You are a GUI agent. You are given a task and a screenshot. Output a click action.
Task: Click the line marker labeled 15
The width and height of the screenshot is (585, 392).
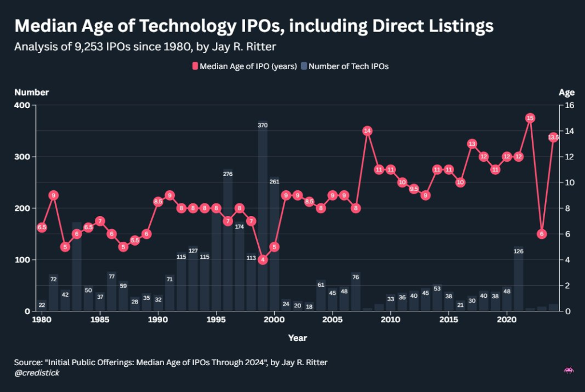(530, 118)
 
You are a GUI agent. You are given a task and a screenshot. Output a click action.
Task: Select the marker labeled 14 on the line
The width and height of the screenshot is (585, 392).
(367, 131)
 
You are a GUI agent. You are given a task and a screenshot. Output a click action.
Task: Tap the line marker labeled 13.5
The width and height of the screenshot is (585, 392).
(553, 138)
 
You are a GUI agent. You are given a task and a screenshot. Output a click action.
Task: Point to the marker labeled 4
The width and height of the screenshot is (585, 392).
(263, 259)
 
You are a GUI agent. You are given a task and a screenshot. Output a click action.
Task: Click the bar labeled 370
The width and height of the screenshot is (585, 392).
(263, 217)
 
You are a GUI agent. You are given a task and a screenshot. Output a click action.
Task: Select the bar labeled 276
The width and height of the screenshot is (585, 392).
(228, 240)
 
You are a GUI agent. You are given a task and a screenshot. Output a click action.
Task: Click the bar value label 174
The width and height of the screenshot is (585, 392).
(239, 227)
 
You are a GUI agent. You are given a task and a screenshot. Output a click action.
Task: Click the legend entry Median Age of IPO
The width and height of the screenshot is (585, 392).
(245, 66)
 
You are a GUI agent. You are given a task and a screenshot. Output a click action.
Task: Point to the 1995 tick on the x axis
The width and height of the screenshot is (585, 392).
(216, 319)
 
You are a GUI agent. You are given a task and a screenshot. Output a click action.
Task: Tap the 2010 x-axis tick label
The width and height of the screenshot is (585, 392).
(391, 319)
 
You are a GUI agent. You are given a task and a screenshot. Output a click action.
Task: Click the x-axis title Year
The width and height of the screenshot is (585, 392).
(298, 338)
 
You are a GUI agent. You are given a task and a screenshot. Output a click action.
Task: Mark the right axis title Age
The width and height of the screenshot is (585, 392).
(567, 92)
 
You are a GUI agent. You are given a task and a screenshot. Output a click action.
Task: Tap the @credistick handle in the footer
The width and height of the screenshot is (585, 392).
(37, 373)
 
